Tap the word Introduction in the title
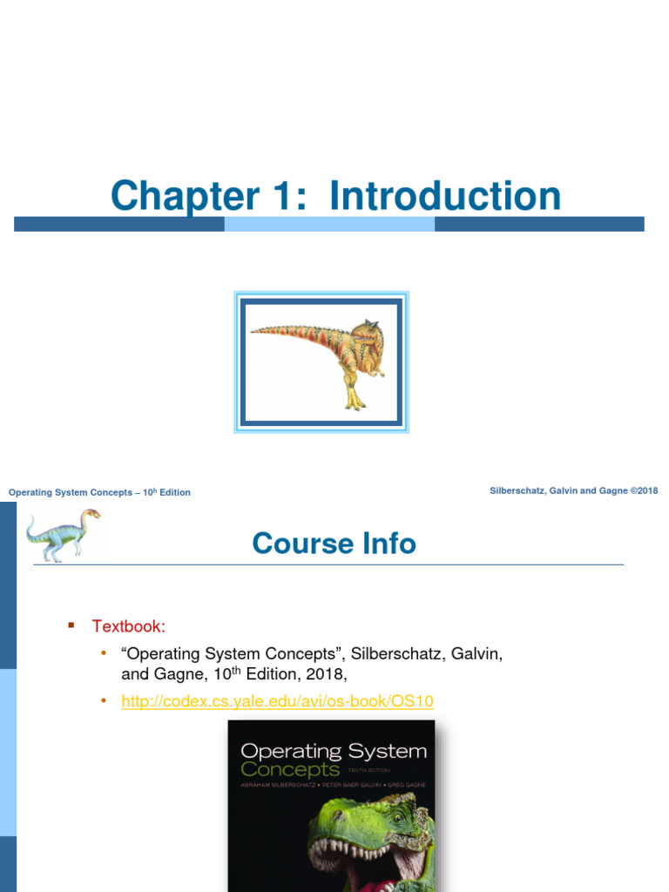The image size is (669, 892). click(x=445, y=196)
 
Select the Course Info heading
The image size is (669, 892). click(x=334, y=544)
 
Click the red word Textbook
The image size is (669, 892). click(x=129, y=626)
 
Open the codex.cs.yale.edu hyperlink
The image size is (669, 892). click(x=277, y=701)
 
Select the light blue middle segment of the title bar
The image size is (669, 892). click(x=329, y=224)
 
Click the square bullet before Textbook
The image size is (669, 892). click(x=72, y=625)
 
